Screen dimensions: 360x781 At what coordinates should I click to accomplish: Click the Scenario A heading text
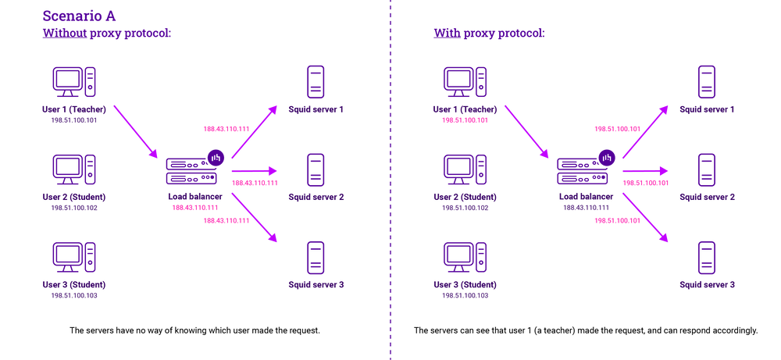pos(78,14)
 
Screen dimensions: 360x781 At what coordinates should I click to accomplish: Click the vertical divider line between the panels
pos(390,180)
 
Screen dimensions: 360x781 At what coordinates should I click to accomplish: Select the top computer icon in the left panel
pos(74,81)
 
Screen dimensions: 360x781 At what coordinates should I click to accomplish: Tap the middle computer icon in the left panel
pos(74,169)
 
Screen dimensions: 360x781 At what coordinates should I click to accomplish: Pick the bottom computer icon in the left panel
pos(74,256)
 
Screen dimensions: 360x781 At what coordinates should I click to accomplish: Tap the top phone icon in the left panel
pos(316,81)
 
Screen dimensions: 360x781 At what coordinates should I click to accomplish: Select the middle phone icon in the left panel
pos(316,169)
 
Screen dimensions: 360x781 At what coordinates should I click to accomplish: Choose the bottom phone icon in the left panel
pos(316,257)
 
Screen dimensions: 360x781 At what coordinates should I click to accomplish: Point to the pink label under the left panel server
pos(195,208)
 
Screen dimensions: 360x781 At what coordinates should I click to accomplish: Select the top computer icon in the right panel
pos(465,81)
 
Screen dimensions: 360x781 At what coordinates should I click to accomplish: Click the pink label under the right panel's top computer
pos(465,120)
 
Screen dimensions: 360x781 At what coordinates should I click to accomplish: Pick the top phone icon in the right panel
pos(707,81)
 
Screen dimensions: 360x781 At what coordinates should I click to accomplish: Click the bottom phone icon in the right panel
pos(707,257)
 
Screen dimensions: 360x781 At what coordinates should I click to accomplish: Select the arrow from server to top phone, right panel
pos(645,130)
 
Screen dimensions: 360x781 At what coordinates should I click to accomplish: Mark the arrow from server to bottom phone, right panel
pos(645,218)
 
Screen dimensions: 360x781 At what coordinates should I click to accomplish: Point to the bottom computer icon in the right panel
pos(465,256)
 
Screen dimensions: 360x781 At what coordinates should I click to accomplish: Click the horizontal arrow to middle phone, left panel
pos(255,170)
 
